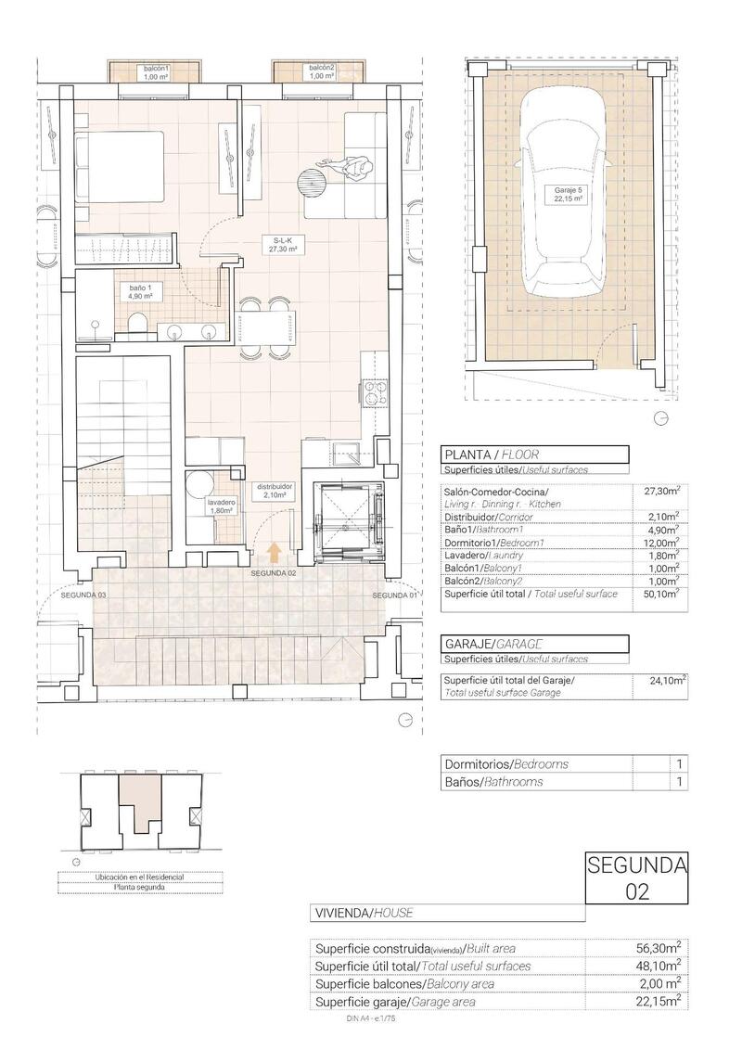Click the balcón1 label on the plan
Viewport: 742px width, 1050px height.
(x=157, y=72)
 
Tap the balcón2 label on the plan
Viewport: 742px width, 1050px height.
(x=321, y=72)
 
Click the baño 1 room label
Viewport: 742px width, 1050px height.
(x=140, y=293)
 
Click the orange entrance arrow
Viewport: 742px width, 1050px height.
(x=274, y=553)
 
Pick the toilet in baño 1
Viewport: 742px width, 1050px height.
(x=137, y=323)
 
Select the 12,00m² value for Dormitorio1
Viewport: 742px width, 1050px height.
(x=662, y=543)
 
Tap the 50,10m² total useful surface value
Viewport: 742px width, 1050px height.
(x=662, y=594)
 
